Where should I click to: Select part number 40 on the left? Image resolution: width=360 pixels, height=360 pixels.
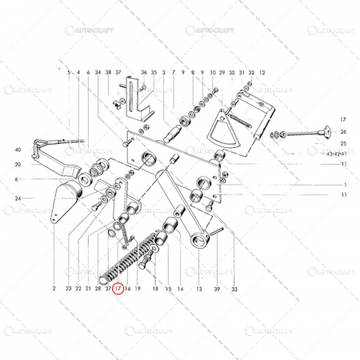(x=18, y=150)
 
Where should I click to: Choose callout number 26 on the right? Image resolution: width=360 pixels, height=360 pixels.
(x=343, y=131)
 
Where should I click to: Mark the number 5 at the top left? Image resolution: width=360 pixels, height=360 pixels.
(x=70, y=72)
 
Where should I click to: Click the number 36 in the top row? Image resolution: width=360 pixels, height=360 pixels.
(x=144, y=72)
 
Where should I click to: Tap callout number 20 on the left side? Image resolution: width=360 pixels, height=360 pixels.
(x=18, y=164)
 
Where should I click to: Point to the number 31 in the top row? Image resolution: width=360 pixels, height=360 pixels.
(x=242, y=72)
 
